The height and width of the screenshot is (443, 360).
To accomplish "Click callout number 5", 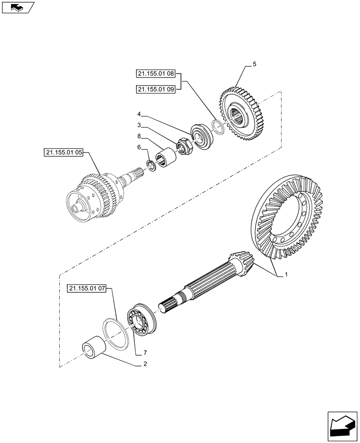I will (x=254, y=65).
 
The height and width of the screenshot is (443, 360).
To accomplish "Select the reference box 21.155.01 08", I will (x=156, y=74).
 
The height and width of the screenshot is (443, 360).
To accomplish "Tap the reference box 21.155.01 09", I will (x=156, y=89).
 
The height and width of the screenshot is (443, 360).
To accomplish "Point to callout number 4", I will (x=139, y=114).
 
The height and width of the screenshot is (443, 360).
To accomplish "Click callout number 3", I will (x=139, y=125).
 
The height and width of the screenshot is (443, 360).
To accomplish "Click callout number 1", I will (x=286, y=275).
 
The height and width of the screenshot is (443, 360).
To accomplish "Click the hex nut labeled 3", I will (x=184, y=146).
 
